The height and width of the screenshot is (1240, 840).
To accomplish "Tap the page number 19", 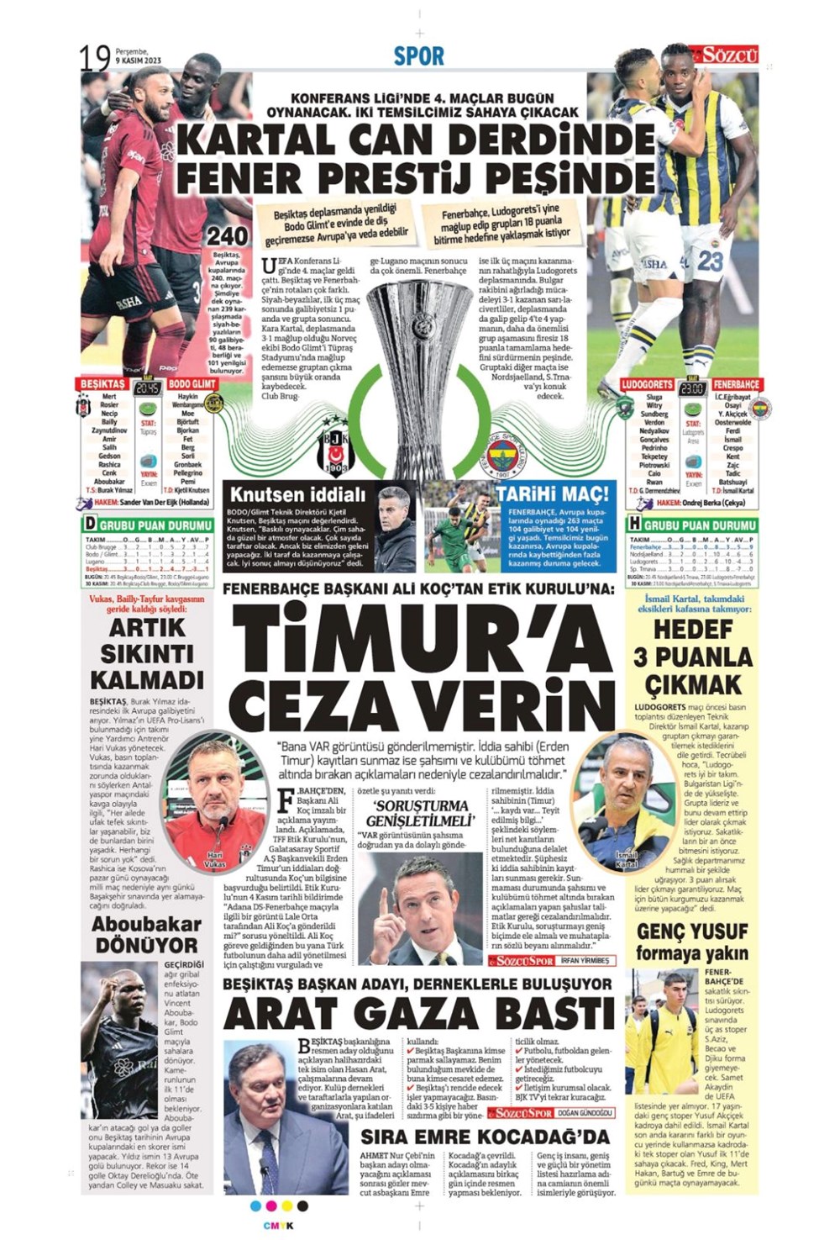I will [x=95, y=58].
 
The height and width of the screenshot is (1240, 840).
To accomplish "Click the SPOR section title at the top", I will [x=418, y=56].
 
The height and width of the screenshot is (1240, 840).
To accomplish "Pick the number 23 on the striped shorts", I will [x=710, y=261].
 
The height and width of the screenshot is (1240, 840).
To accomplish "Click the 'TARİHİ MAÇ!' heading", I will [x=552, y=493].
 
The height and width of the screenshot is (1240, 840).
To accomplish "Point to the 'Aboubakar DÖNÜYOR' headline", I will [x=147, y=934].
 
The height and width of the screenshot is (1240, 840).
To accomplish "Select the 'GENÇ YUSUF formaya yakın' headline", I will [x=691, y=942].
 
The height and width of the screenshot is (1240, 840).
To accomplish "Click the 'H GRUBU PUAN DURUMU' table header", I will [x=691, y=525].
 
